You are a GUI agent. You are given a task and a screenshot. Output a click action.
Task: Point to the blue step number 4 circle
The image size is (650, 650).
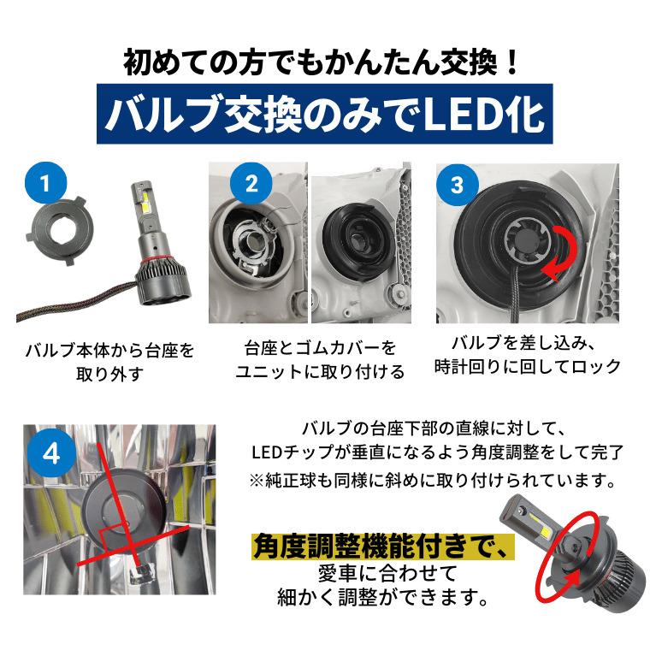pos(51,452)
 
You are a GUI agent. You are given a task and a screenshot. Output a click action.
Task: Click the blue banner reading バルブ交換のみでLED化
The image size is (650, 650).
pos(324,115)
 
